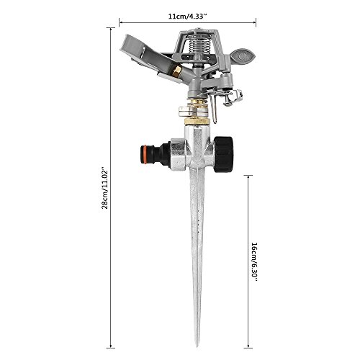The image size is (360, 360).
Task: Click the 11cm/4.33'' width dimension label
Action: click(187, 17)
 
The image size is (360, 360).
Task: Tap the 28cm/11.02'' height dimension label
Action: click(105, 189)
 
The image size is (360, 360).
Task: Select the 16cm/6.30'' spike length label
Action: click(254, 261)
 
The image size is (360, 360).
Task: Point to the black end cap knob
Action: click(223, 154)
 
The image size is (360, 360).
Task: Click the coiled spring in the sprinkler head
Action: click(199, 45)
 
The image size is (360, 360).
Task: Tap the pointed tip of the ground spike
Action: click(197, 346)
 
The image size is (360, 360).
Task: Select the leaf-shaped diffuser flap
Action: click(243, 56)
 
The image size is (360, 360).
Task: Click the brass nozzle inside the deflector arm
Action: click(176, 71)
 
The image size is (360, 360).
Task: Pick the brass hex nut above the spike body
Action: click(197, 120)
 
